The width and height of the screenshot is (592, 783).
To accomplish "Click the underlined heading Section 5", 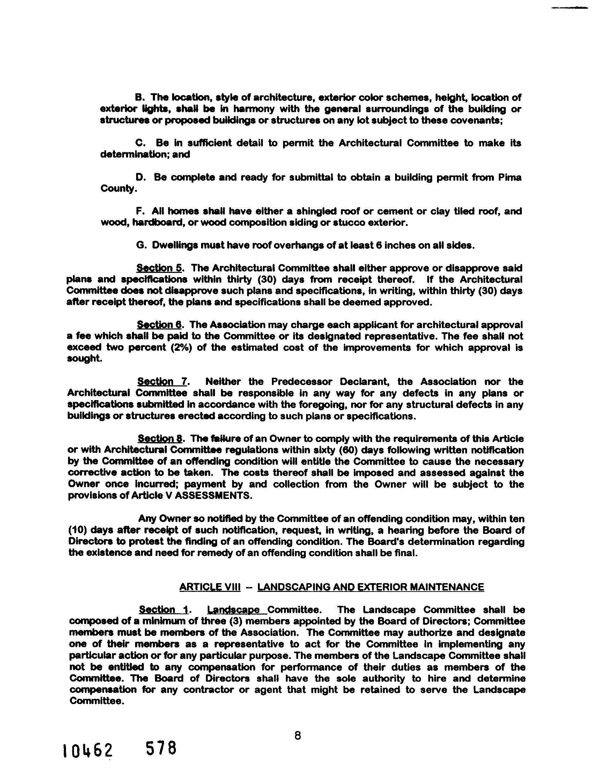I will (x=159, y=268).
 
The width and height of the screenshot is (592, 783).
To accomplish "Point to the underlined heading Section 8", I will (x=160, y=438).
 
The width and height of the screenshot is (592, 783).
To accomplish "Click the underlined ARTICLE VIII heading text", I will (x=210, y=587).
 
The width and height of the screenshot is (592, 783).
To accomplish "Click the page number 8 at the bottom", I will (x=297, y=736).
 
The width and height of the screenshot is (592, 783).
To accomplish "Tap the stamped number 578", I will (x=161, y=749).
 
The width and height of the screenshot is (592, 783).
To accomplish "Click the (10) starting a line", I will (x=77, y=530).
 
